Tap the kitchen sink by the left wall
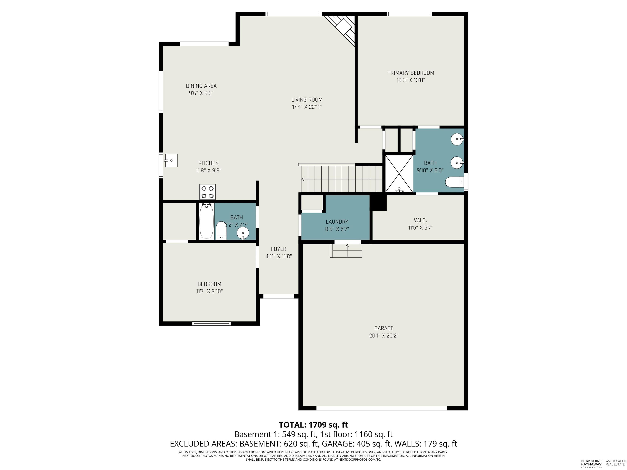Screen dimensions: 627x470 [x=171, y=161]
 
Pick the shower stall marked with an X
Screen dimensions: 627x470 [x=399, y=173]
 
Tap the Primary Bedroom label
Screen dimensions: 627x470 [x=411, y=73]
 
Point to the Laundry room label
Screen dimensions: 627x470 [x=337, y=222]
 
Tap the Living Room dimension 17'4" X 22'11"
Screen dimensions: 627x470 [x=307, y=107]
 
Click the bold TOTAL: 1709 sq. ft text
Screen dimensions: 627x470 [x=313, y=425]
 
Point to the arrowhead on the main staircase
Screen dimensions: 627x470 [x=303, y=179]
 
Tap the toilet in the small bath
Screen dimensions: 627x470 [x=221, y=231]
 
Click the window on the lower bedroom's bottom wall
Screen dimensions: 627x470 [x=211, y=324]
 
